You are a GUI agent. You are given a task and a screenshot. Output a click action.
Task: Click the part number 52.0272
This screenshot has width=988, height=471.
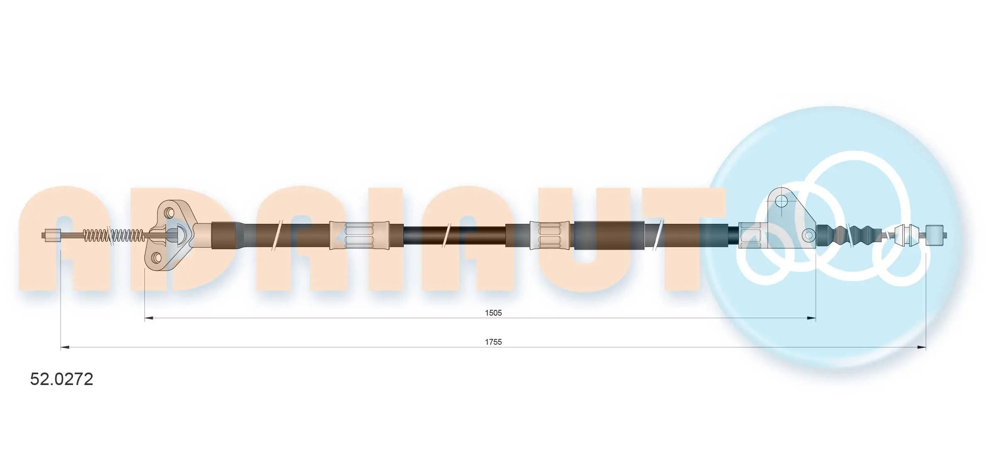(x=61, y=379)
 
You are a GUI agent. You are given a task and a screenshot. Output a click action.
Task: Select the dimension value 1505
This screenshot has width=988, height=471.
(x=493, y=313)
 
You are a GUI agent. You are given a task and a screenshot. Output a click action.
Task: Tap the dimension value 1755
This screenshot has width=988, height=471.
(x=493, y=342)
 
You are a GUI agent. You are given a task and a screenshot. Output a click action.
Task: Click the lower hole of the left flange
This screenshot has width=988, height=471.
(x=157, y=258)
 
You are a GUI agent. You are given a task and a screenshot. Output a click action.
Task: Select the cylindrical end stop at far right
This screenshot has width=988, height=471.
(x=934, y=235)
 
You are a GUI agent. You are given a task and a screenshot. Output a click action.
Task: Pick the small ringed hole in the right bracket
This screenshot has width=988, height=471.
(x=808, y=235)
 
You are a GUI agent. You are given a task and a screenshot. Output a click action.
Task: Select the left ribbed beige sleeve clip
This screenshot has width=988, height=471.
(x=359, y=235)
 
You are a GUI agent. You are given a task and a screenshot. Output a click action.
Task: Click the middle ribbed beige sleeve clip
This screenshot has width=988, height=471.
(x=551, y=235)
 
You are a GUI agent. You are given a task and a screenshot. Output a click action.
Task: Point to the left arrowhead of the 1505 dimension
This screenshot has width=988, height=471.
(x=148, y=318)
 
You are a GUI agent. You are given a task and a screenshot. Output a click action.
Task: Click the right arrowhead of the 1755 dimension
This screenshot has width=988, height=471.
(x=922, y=347)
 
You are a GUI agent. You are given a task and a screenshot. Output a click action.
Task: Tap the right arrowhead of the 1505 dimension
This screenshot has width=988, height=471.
(x=812, y=318)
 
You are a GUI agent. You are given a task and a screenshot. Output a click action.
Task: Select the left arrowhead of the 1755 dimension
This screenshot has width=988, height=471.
(x=65, y=347)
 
